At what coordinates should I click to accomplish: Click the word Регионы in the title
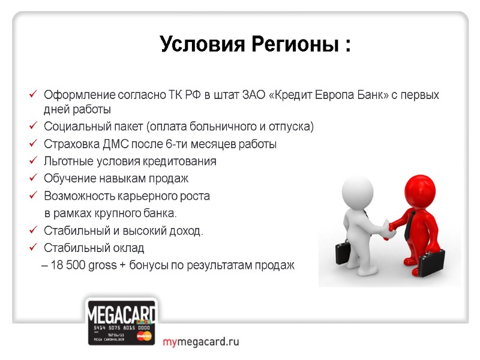pos(287,44)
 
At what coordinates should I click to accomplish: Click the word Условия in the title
pos(195,44)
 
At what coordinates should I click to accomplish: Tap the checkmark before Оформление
pos(33,95)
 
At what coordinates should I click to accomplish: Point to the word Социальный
pos(74,127)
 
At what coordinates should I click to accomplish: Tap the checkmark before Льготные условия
pos(33,161)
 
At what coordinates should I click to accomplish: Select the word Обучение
pos(68,179)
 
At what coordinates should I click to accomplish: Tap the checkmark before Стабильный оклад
pos(33,248)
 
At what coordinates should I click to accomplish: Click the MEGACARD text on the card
pos(122,314)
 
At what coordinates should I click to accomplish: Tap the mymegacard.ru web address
pos(200,342)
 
